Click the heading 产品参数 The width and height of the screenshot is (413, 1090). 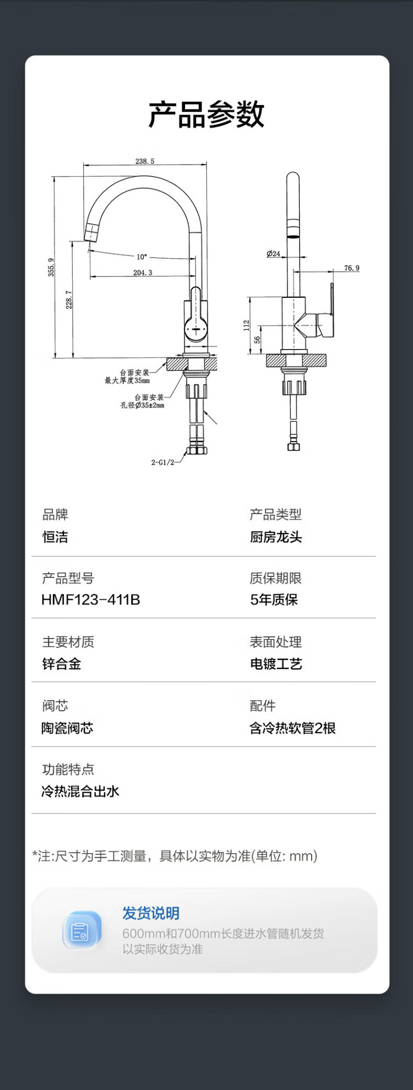(x=206, y=115)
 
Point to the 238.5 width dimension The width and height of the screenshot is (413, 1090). (x=145, y=161)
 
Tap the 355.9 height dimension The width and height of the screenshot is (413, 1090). (x=51, y=268)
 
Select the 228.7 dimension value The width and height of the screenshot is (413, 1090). (x=69, y=299)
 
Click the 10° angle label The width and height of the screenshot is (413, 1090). (x=142, y=257)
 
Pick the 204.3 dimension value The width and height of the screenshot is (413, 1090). (x=143, y=272)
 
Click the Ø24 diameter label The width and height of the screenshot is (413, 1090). (x=273, y=254)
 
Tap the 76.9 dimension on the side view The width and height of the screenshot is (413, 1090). (x=352, y=268)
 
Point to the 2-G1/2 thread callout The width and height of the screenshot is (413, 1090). (x=162, y=462)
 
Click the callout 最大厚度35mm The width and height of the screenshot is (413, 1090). (x=127, y=380)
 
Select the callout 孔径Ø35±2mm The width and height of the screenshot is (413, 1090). (x=143, y=405)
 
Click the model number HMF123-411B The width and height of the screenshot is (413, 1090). (x=91, y=599)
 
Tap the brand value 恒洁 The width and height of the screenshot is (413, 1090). (x=55, y=537)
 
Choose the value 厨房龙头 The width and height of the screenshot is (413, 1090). (x=276, y=537)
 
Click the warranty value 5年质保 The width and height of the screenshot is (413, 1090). (x=274, y=599)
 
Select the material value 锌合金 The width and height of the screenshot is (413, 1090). (x=62, y=664)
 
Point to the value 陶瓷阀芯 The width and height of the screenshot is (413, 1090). (x=67, y=728)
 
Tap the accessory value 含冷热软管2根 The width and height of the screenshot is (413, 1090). (x=292, y=728)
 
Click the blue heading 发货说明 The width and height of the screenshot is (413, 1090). (x=151, y=913)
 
